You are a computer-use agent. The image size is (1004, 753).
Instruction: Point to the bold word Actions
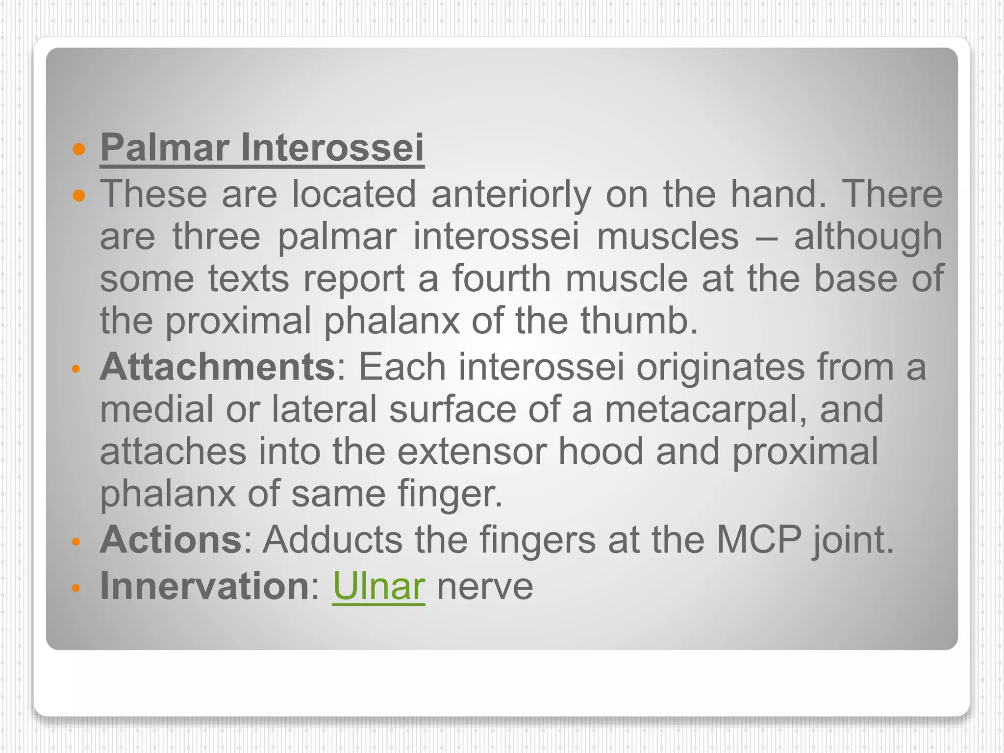pos(171,540)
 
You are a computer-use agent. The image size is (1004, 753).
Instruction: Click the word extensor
pos(472,452)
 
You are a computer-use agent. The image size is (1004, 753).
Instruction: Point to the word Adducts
pos(332,540)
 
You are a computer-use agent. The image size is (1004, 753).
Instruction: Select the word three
pos(216,236)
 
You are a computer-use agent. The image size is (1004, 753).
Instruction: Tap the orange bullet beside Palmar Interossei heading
pos(78,149)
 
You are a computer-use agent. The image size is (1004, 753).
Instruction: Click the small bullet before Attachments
pos(75,369)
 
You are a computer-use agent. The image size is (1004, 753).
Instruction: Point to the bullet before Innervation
pos(75,588)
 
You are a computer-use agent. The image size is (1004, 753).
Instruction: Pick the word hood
pos(601,452)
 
